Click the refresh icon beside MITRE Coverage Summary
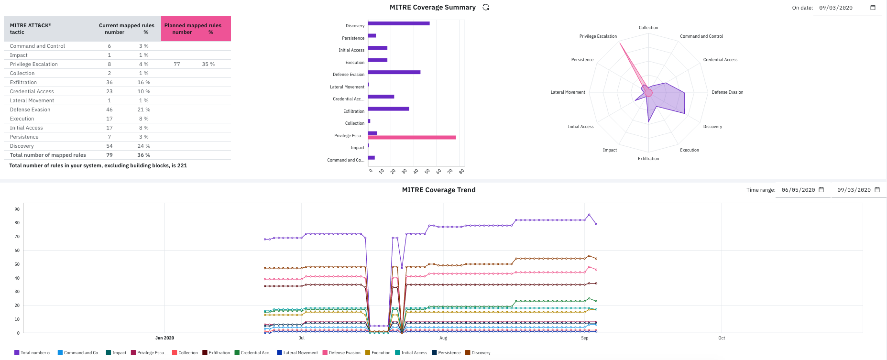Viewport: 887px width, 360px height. (x=486, y=7)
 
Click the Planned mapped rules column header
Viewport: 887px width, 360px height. (x=196, y=29)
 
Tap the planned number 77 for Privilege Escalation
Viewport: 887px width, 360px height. (x=177, y=64)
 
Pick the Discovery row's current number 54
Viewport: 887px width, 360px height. (x=110, y=146)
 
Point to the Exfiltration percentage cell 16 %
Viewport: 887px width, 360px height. (x=143, y=82)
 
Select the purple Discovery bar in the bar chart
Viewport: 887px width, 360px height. (x=398, y=23)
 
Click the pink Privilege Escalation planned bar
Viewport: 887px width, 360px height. (x=412, y=138)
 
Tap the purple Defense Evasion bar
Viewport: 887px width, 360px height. (x=394, y=72)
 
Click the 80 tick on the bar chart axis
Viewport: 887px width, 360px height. (x=461, y=171)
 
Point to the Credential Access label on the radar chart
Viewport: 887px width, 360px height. (x=720, y=60)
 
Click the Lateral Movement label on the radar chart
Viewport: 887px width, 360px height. (x=568, y=92)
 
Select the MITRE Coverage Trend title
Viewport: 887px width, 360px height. (x=438, y=190)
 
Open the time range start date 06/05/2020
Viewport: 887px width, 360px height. (x=798, y=190)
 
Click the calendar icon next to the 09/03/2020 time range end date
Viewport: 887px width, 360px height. (x=877, y=190)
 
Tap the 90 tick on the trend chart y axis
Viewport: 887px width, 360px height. (x=17, y=209)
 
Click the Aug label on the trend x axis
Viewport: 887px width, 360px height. (x=443, y=338)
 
